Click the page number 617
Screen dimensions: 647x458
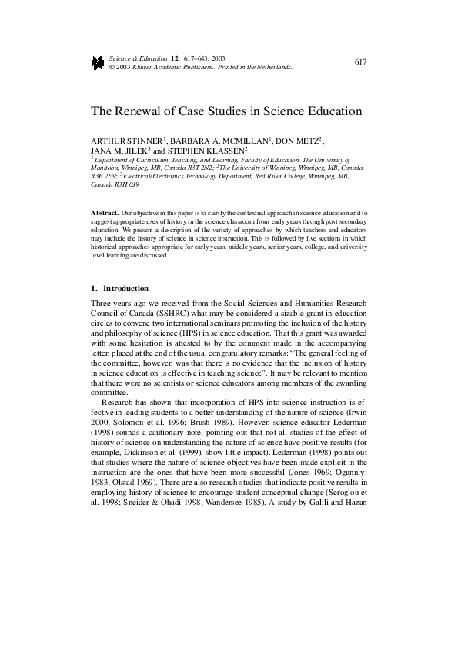(x=360, y=61)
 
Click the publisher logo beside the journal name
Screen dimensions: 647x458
(x=98, y=62)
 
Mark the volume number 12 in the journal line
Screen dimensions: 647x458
(x=176, y=58)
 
